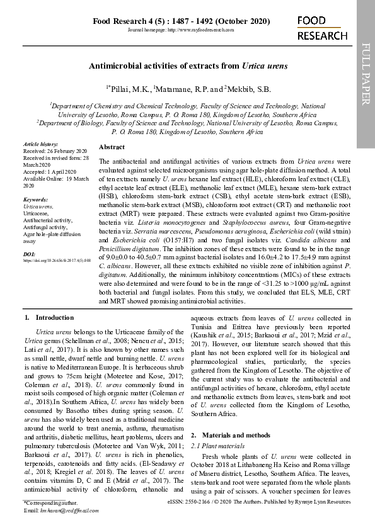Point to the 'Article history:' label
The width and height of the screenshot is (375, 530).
pyautogui.click(x=40, y=145)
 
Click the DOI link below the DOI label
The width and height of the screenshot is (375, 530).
pyautogui.click(x=57, y=259)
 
